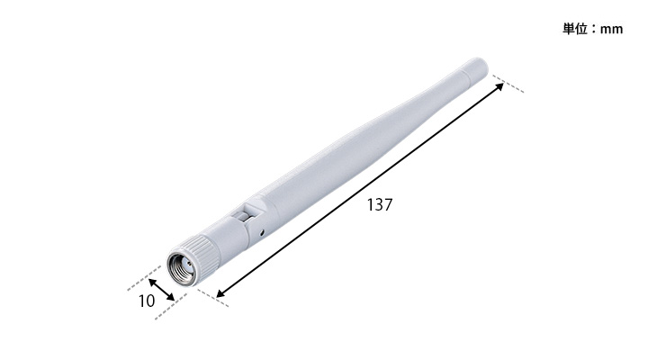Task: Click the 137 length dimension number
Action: pyautogui.click(x=380, y=205)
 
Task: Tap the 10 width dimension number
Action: pyautogui.click(x=147, y=301)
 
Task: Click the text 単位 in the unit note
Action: pyautogui.click(x=575, y=29)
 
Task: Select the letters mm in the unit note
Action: pyautogui.click(x=611, y=30)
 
